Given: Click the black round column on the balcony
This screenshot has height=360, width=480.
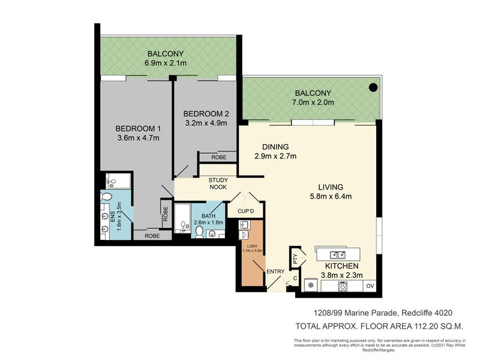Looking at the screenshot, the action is pyautogui.click(x=373, y=88).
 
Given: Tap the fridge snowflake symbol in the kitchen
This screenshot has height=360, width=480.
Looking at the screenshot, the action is pyautogui.click(x=311, y=286).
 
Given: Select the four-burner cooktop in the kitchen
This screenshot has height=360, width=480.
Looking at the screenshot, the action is pyautogui.click(x=342, y=286).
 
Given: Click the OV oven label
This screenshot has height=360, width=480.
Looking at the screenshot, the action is pyautogui.click(x=370, y=286).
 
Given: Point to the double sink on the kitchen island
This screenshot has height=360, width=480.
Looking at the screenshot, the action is pyautogui.click(x=338, y=254).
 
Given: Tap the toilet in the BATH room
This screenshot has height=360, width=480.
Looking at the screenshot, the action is pyautogui.click(x=199, y=232).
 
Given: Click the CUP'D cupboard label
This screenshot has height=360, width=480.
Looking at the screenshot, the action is pyautogui.click(x=245, y=211).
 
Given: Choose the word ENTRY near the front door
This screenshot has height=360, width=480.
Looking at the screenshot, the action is pyautogui.click(x=275, y=271).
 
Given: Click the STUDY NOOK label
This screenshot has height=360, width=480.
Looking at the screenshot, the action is pyautogui.click(x=218, y=184).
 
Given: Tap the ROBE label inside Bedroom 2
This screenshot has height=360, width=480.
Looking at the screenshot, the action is pyautogui.click(x=219, y=157).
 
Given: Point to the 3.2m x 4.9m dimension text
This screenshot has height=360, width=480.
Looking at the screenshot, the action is pyautogui.click(x=206, y=123).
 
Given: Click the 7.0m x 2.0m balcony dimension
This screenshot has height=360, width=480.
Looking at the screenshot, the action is pyautogui.click(x=313, y=102).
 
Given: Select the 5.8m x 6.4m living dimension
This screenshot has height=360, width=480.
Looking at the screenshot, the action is pyautogui.click(x=331, y=196).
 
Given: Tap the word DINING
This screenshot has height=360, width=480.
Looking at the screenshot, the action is pyautogui.click(x=275, y=147).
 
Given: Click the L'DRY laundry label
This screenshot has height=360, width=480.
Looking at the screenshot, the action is pyautogui.click(x=252, y=246).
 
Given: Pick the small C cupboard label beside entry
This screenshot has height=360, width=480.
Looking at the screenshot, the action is pyautogui.click(x=295, y=278).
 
